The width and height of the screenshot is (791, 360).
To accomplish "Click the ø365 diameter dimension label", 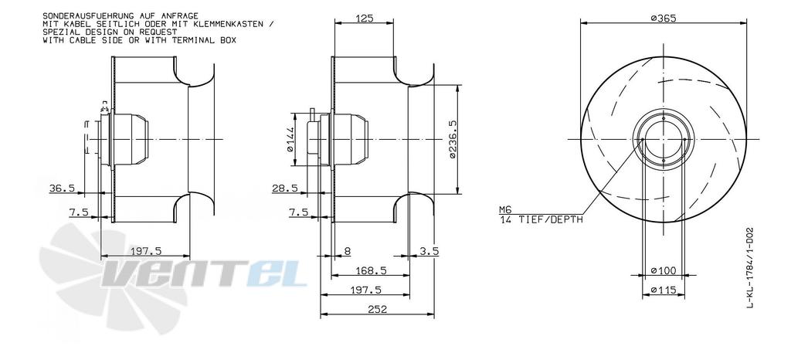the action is pos(663,18).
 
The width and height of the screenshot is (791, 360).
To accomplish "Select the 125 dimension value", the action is pos(364,19).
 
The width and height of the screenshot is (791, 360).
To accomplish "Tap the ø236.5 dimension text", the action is pos(452,140).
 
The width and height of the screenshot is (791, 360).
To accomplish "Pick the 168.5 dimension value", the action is pos(371,270).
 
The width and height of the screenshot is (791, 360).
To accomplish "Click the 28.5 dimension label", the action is pos(284,188).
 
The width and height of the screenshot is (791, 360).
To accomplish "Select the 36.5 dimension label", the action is pos(62,188).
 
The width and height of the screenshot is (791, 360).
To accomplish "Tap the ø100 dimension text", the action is pos(663,270).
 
